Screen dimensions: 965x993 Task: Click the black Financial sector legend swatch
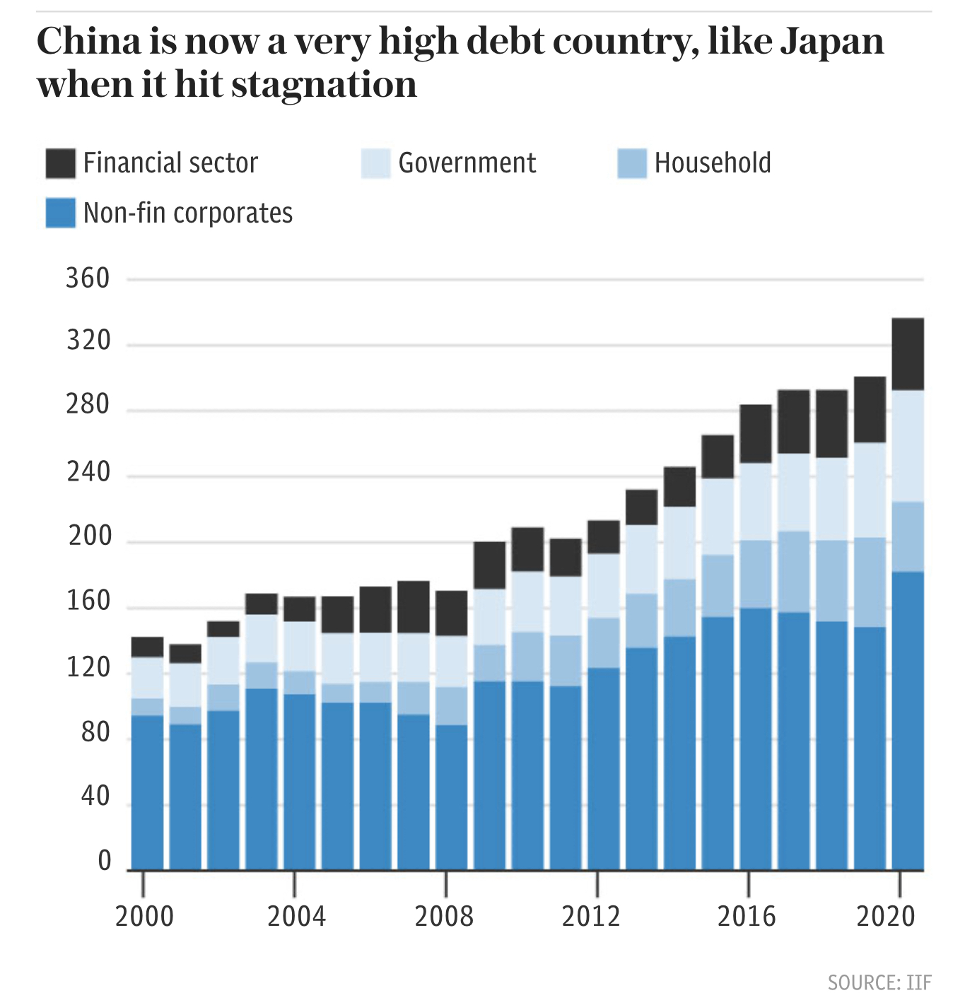[x=61, y=163]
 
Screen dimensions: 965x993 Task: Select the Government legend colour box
[x=375, y=163]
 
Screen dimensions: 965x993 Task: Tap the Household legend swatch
[x=632, y=163]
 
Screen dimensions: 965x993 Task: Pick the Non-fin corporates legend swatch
[x=61, y=213]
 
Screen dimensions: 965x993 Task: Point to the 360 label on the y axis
[x=88, y=278]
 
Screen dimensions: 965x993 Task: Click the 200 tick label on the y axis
[x=89, y=536]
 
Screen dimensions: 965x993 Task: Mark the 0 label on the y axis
[x=105, y=861]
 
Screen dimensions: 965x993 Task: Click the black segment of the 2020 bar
[x=908, y=354]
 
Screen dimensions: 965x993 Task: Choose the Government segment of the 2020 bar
[x=908, y=446]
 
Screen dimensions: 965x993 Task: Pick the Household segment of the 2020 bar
[x=908, y=537]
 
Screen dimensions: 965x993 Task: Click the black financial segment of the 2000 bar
[x=148, y=647]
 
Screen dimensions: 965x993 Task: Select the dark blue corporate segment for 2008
[x=452, y=797]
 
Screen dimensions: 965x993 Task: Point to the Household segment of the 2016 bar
[x=756, y=575]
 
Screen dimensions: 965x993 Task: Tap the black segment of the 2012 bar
[x=604, y=537]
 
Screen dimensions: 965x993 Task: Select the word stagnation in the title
[x=324, y=86]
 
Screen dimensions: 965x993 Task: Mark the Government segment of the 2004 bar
[x=300, y=647]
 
